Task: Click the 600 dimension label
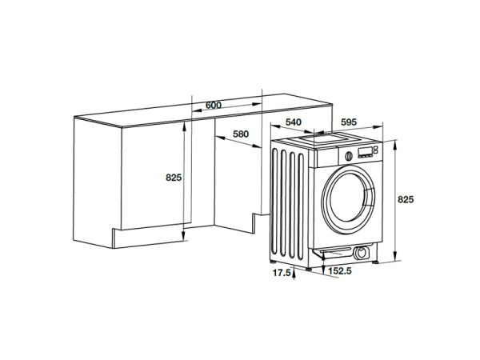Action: [x=213, y=106]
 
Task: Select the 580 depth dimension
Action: [x=241, y=134]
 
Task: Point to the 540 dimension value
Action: [x=294, y=122]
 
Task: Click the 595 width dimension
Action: [x=348, y=122]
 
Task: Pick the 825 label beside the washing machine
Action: [x=406, y=198]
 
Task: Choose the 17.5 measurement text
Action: [x=280, y=274]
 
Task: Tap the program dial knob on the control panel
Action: [x=348, y=155]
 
